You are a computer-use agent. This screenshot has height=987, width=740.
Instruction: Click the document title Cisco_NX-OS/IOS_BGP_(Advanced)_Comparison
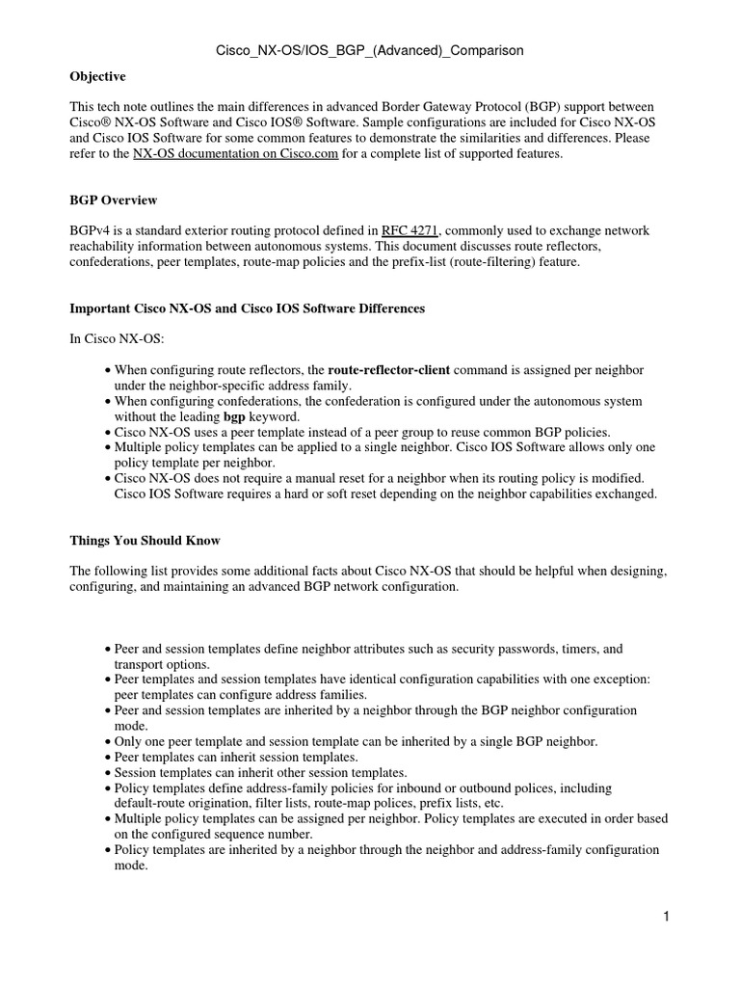[x=370, y=50]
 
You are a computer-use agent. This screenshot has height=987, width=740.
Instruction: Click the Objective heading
[x=97, y=76]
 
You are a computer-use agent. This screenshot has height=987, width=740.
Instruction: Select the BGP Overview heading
[x=114, y=200]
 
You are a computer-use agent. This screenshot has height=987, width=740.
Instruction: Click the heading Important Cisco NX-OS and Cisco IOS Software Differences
[x=247, y=308]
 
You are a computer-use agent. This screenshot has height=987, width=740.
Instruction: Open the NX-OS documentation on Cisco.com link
[x=235, y=153]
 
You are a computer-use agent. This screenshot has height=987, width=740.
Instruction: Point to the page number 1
[x=665, y=917]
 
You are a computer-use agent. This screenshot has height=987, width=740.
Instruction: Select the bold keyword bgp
[x=235, y=416]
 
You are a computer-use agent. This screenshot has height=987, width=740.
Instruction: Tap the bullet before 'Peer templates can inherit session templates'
[x=107, y=758]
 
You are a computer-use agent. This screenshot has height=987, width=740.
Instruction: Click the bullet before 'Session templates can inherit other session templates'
[x=107, y=773]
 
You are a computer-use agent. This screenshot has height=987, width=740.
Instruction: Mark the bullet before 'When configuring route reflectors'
[x=107, y=370]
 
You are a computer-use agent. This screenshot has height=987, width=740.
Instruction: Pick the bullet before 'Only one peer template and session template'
[x=107, y=742]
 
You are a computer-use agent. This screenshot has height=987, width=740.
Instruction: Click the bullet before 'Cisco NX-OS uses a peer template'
[x=107, y=432]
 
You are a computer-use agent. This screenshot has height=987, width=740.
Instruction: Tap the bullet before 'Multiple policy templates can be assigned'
[x=107, y=819]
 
